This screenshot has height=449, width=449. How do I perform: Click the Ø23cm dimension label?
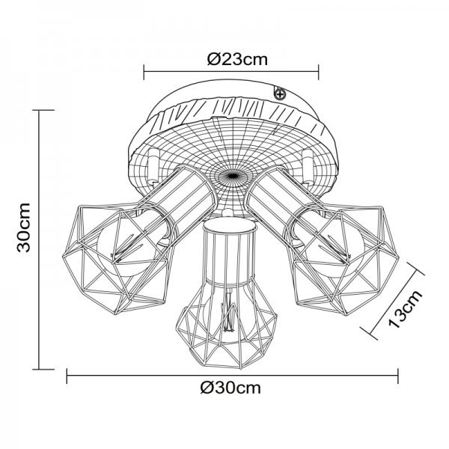237,60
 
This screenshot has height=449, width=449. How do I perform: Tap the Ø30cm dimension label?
230,388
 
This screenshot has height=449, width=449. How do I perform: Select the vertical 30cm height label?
23,227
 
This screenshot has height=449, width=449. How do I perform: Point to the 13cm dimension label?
405,308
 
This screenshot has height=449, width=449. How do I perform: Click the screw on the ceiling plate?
280,94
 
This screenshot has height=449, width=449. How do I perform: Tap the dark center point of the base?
232,176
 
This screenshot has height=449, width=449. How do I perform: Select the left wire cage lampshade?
118,258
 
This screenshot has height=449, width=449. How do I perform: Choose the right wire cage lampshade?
343,260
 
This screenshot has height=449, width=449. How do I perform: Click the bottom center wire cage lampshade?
227,321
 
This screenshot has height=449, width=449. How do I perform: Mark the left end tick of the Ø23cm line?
144,72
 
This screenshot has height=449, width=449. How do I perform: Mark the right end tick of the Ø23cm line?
319,72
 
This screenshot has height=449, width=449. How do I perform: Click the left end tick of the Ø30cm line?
67,376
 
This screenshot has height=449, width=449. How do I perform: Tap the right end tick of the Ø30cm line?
398,376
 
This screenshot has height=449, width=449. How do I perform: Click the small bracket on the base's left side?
153,165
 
